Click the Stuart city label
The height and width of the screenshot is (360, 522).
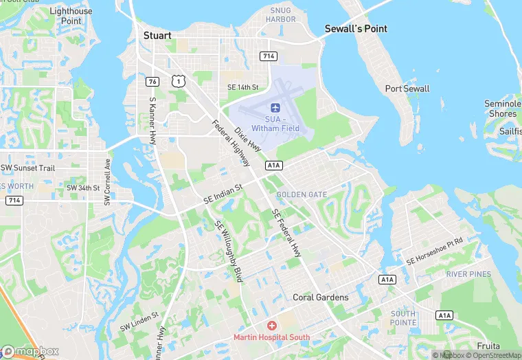[157, 34]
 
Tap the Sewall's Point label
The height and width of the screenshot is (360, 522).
[356, 29]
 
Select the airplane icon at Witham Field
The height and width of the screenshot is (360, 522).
[275, 108]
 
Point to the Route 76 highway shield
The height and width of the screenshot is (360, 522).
[152, 81]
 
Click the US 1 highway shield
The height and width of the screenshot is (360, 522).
[179, 81]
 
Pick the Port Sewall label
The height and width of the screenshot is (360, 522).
[407, 89]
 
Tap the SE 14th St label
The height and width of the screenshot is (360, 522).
[242, 87]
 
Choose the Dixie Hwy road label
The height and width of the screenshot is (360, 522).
[248, 139]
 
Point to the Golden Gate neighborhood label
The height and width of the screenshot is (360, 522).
[302, 195]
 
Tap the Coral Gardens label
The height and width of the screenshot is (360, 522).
[321, 297]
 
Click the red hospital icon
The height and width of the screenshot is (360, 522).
[272, 325]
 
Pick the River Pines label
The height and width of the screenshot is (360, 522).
[468, 274]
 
